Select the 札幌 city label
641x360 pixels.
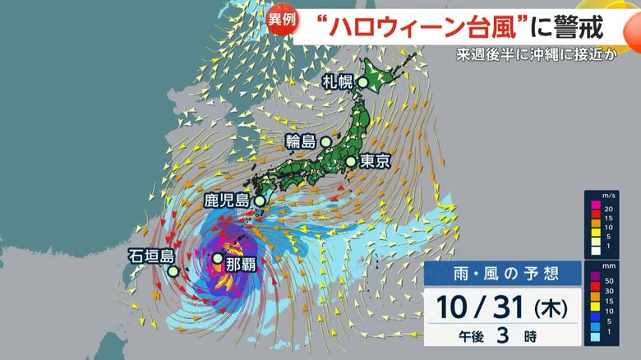(x=337, y=82)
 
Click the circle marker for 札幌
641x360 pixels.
(x=362, y=82)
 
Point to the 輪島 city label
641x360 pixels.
(x=300, y=141)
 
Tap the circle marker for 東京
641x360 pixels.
(x=351, y=161)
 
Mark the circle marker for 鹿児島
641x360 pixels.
(x=260, y=200)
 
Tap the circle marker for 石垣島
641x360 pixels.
(x=173, y=270)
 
